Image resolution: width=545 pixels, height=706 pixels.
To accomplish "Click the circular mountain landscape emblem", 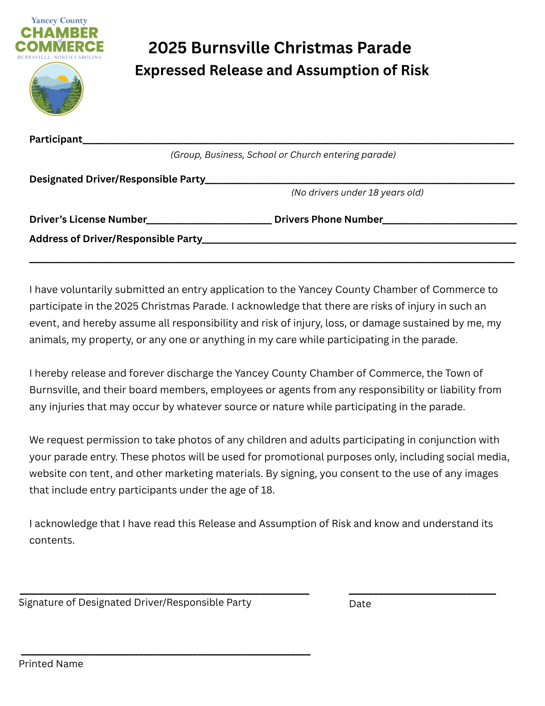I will click(x=56, y=89).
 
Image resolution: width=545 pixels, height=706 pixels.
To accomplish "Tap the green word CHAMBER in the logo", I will click(x=59, y=33).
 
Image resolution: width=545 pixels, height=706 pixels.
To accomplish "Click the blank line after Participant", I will click(x=298, y=142).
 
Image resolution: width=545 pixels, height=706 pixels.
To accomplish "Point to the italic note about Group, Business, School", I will click(x=283, y=155).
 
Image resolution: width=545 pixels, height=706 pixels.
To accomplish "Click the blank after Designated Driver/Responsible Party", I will click(x=360, y=182).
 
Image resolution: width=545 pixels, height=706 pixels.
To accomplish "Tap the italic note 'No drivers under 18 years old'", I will click(x=357, y=192).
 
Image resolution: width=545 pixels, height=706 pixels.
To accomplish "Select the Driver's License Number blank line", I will click(x=209, y=222).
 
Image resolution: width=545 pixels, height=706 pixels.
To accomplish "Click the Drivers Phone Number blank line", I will click(x=450, y=222).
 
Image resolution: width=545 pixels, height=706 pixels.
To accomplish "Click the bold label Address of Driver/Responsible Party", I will click(x=116, y=239).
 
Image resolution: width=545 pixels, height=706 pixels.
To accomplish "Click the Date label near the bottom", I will click(x=360, y=604).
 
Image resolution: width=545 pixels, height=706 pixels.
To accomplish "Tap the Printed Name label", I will click(x=51, y=664).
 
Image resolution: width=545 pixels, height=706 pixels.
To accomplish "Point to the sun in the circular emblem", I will click(x=62, y=78).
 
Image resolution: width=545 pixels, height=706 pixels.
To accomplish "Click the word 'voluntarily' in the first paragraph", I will click(x=86, y=290).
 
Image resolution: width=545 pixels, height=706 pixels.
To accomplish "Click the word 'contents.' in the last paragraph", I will click(x=52, y=540).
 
